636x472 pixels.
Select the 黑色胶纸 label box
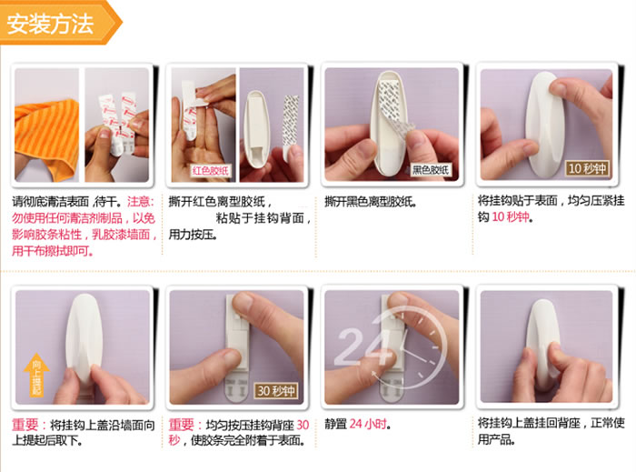[430, 170]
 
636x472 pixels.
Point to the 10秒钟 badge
[586, 168]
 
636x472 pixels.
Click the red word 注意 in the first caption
[140, 201]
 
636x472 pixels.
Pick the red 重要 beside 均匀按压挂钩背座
[183, 424]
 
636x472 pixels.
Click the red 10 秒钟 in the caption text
[508, 217]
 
